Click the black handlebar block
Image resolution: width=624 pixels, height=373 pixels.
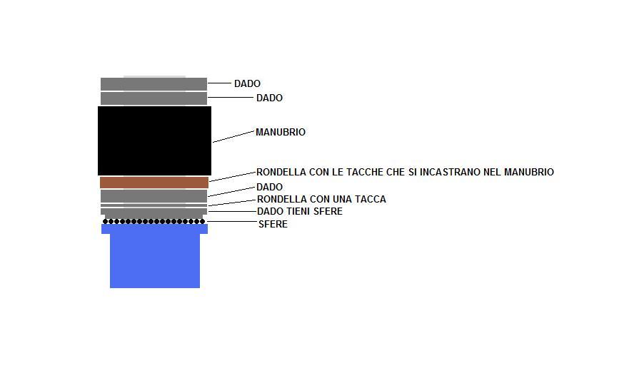point(154,140)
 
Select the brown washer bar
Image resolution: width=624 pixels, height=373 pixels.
point(154,183)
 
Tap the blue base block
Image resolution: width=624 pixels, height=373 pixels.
point(154,256)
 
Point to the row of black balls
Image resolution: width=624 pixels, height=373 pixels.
point(154,221)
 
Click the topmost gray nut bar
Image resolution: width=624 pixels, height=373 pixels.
point(154,84)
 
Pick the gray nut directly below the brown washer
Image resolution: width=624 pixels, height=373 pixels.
point(154,196)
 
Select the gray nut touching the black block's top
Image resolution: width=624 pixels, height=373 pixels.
point(154,98)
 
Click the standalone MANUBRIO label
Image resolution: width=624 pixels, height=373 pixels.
point(281,132)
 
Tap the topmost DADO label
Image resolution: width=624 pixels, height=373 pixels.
point(247,83)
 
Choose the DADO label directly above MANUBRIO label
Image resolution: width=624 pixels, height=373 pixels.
point(269,98)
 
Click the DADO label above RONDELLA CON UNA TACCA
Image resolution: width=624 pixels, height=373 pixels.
point(269,187)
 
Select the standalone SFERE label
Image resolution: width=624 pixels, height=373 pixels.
point(273,224)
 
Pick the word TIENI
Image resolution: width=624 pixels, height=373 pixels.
point(298,211)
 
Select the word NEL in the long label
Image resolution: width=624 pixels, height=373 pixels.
point(493,172)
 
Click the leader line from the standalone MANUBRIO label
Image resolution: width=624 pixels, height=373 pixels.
point(233,136)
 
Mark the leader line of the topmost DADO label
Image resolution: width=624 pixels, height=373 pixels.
point(219,83)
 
